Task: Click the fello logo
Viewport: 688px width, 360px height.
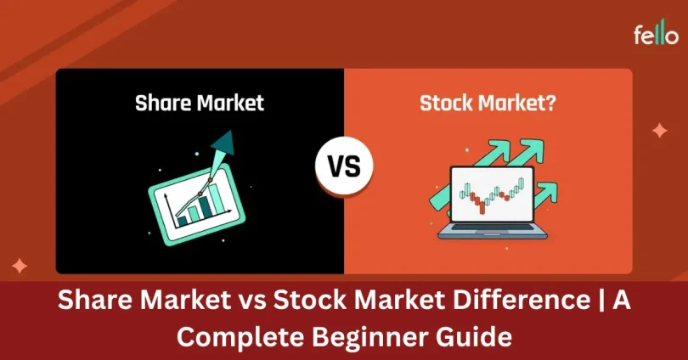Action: pos(655,35)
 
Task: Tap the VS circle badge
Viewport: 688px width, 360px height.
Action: pos(343,166)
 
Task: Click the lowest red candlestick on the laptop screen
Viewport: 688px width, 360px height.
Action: pos(482,206)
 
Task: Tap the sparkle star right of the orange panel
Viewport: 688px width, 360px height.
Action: pos(658,131)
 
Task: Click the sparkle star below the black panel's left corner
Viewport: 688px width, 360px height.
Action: pos(19,265)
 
